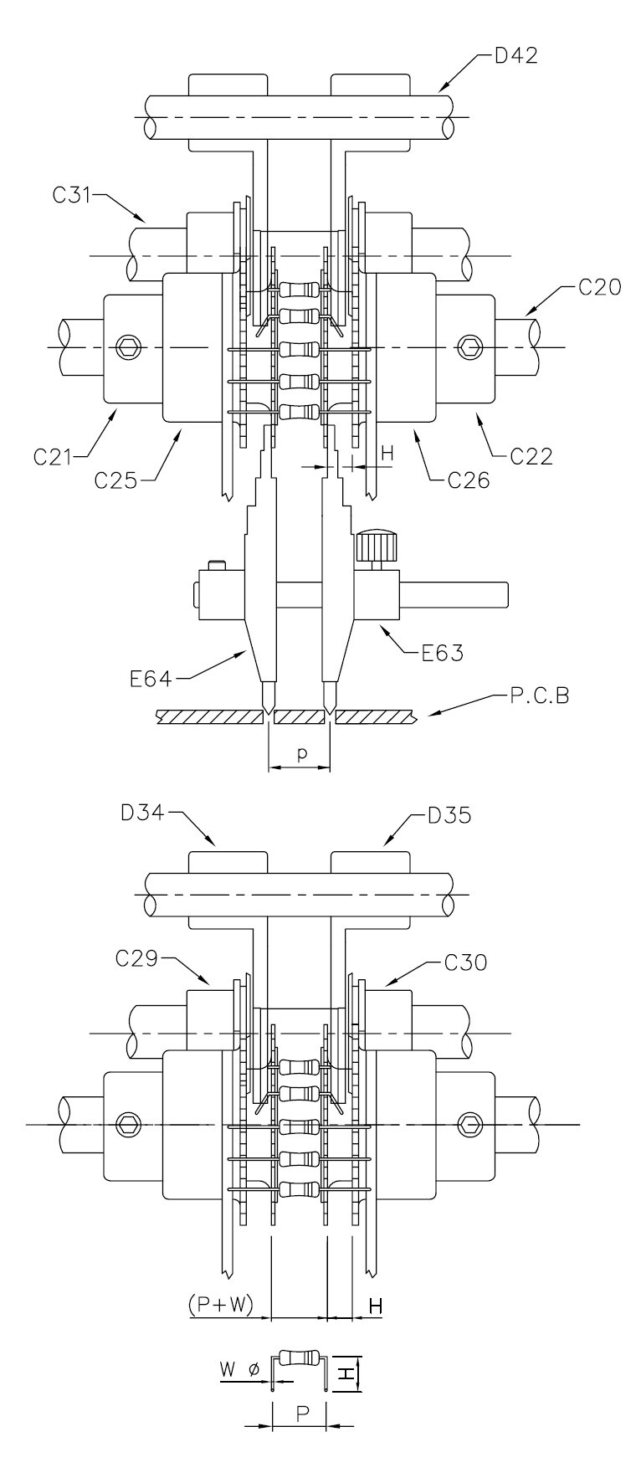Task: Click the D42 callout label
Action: point(515,57)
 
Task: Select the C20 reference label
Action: point(599,289)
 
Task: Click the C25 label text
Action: point(115,480)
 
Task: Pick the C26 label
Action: point(469,480)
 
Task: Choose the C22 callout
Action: point(533,457)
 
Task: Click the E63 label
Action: point(444,650)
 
